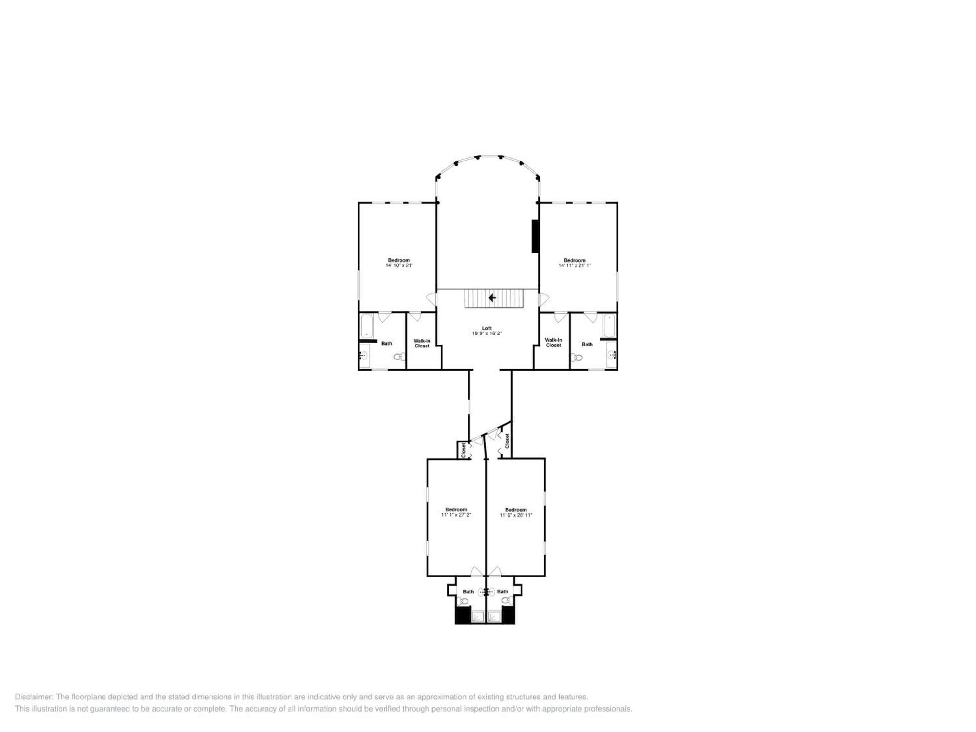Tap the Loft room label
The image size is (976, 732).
coord(487,328)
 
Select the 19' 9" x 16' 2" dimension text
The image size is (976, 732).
coord(487,333)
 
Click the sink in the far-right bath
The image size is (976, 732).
coord(612,354)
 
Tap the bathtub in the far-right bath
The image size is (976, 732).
coord(609,326)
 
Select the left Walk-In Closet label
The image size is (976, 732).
coord(422,343)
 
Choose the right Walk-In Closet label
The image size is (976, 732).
coord(553,342)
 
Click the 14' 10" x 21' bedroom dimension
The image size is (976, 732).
coord(399,265)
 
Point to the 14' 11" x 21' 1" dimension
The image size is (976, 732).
coord(575,265)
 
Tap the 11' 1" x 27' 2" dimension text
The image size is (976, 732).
coord(456,515)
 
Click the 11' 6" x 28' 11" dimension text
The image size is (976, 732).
coord(516,515)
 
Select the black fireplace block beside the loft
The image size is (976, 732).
coord(535,236)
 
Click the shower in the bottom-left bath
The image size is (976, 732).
coord(478,617)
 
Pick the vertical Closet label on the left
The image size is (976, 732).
coord(463,450)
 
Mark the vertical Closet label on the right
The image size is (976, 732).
coord(507,441)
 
